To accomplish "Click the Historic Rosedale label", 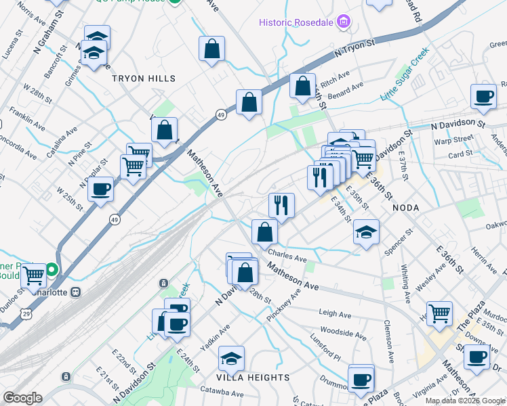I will click(x=296, y=22).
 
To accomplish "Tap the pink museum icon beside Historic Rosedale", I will click(x=344, y=22).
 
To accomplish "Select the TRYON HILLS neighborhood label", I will click(x=143, y=78).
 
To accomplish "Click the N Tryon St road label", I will click(x=354, y=47).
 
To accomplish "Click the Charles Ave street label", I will click(x=287, y=258).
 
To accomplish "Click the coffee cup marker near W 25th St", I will click(x=100, y=189).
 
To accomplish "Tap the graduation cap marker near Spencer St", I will click(x=366, y=233).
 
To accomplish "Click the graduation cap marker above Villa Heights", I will click(x=231, y=358).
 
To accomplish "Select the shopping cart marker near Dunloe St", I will click(x=33, y=275).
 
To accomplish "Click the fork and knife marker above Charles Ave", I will click(x=281, y=204).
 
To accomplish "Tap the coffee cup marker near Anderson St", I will click(x=484, y=96).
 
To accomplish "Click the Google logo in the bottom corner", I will click(x=22, y=398).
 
